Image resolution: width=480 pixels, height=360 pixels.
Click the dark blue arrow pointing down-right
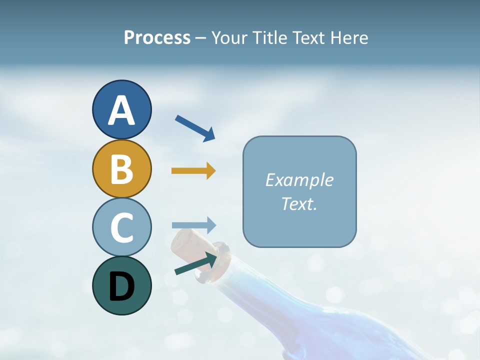coord(195,128)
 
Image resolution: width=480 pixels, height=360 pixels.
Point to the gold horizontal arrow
coord(193,171)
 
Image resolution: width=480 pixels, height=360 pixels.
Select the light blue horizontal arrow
coord(194,225)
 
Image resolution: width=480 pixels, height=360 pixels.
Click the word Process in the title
coord(157,38)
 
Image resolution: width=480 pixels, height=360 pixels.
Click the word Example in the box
coord(299,180)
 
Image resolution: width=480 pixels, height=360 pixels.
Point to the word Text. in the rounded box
coord(299,203)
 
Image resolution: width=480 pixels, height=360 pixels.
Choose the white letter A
coord(121,111)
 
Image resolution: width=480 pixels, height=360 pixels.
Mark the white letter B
coord(121,169)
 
